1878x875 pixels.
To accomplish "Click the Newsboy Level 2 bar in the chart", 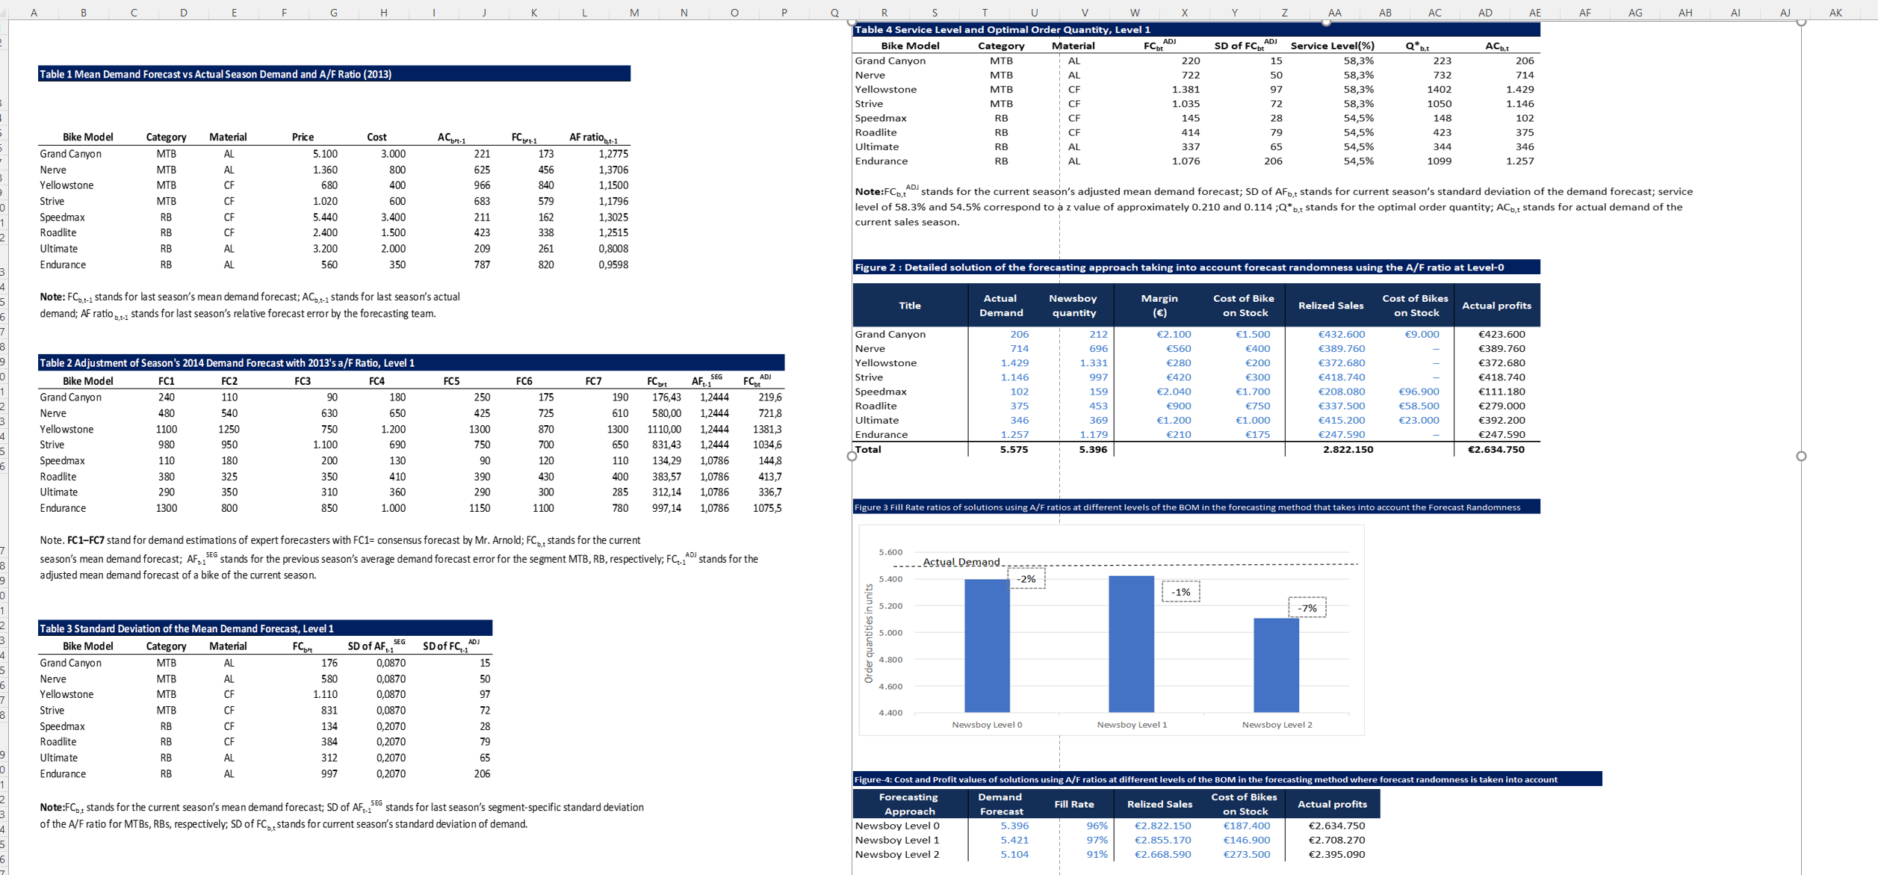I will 1276,665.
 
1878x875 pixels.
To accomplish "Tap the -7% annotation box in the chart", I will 1307,607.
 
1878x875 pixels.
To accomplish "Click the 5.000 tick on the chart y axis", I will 890,633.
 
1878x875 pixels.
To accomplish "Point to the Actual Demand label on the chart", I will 961,562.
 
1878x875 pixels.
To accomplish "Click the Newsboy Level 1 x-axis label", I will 1132,725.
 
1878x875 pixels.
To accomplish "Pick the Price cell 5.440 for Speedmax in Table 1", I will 325,217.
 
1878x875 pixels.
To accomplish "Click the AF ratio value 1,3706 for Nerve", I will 613,170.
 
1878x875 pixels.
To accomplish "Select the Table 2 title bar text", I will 226,362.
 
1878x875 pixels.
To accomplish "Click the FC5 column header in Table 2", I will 451,381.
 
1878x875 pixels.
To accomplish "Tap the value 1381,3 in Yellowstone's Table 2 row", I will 767,429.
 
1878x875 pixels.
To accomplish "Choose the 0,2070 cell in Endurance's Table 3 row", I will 391,773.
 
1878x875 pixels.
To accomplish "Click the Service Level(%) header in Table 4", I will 1332,46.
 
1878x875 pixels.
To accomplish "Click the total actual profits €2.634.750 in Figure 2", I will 1496,449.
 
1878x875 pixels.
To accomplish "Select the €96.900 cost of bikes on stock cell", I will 1418,392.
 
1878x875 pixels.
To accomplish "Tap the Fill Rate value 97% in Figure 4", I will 1097,840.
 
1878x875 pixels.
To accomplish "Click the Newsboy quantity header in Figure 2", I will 1073,305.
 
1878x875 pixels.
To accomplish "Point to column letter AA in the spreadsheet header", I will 1334,12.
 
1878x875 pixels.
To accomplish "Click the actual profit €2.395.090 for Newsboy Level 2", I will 1336,854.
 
